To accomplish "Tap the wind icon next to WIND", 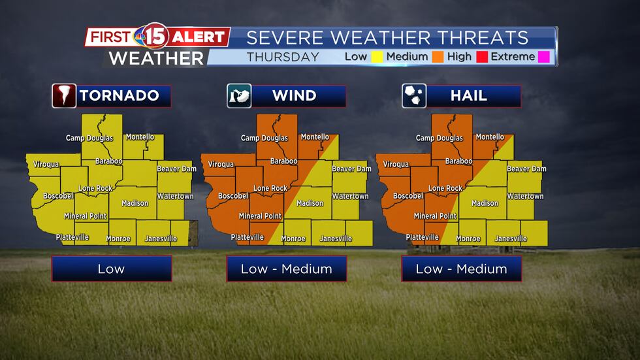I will [x=239, y=96].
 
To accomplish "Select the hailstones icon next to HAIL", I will [x=414, y=96].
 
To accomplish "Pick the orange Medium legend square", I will [x=437, y=57].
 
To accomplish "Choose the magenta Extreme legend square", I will [x=543, y=57].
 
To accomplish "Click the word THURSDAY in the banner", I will [x=283, y=57].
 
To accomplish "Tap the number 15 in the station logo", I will [x=153, y=37].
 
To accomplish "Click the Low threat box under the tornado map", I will [x=111, y=269].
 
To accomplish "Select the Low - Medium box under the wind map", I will [x=286, y=269].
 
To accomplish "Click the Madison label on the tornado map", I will [x=135, y=203].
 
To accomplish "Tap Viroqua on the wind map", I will [x=221, y=165].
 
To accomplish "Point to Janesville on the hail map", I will [x=511, y=239].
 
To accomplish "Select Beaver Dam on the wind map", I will [x=351, y=169].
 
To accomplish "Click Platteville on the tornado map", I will [x=72, y=237].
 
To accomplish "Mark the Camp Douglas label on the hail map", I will [x=439, y=139].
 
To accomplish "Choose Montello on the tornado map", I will [x=140, y=137].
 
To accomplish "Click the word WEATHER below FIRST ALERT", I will [x=155, y=57].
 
